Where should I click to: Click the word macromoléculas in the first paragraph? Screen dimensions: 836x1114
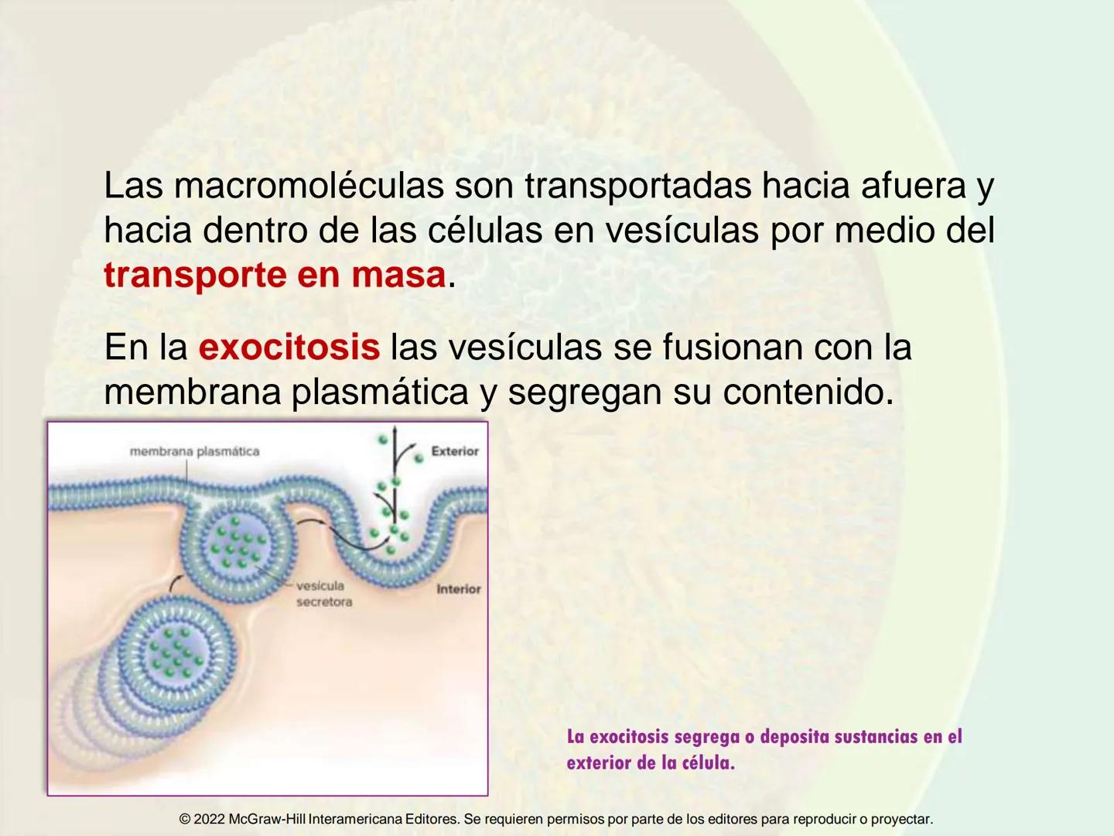coord(309,186)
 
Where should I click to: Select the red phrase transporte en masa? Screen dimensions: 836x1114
coord(275,276)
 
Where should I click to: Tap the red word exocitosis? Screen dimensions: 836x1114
coord(289,348)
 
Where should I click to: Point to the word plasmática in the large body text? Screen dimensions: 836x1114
coord(380,392)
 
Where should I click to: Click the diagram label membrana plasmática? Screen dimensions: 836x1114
coord(194,451)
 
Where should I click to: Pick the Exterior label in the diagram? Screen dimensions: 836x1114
coord(455,451)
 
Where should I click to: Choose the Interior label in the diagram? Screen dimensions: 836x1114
coord(458,589)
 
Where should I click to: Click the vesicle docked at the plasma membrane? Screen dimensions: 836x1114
coord(238,545)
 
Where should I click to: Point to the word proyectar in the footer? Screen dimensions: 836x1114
coord(900,819)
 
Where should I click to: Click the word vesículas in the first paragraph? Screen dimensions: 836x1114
coord(681,231)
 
